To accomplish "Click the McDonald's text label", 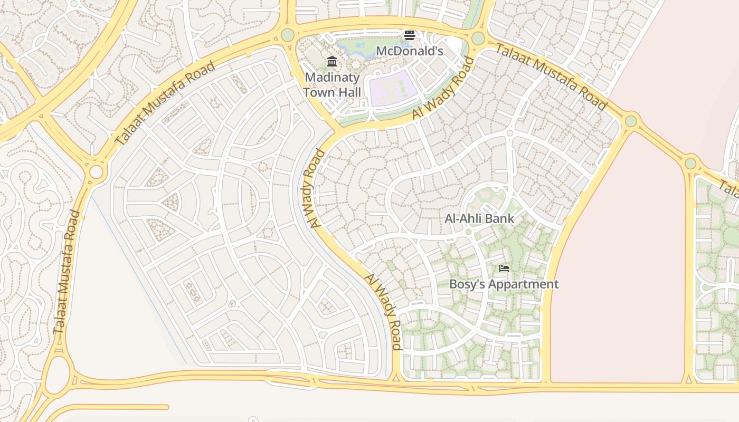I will coord(409,51).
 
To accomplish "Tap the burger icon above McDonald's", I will coord(409,35).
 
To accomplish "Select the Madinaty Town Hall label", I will coord(332,85).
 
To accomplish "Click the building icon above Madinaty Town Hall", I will coord(332,62).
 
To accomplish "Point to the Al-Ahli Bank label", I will coord(479,218).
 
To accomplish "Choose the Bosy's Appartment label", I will coord(504,284).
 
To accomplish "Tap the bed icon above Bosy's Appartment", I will coord(504,268).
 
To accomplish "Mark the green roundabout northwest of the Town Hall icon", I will coord(287,35).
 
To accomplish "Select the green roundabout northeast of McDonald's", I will coord(478,38).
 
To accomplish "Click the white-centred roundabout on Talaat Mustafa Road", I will coord(96,172).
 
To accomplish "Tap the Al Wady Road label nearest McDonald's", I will coord(443,88).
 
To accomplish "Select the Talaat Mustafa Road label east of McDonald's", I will coord(551,76).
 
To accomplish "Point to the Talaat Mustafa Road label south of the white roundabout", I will coord(67,272).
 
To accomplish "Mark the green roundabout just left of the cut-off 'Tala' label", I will coord(690,163).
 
